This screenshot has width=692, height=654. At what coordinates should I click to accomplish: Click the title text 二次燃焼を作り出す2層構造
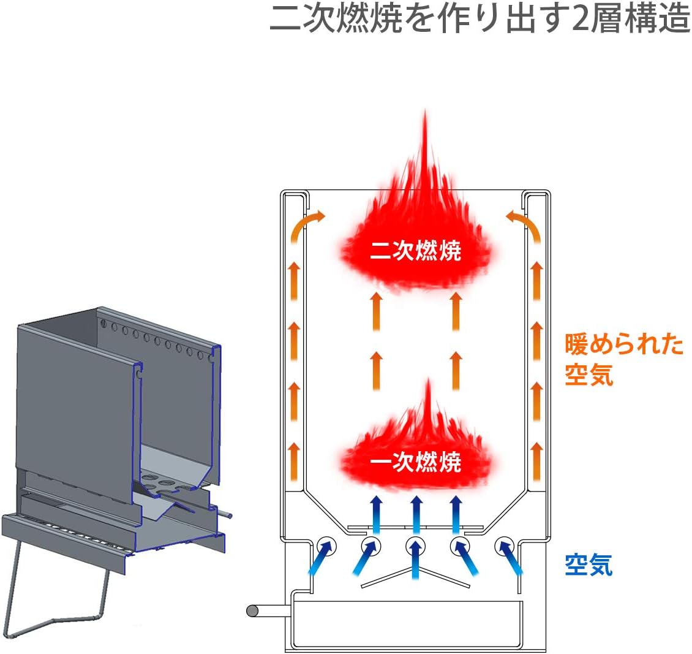[480, 20]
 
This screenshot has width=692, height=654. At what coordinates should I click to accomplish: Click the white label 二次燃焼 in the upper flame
[416, 251]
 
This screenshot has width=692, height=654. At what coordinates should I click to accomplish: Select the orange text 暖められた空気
[623, 359]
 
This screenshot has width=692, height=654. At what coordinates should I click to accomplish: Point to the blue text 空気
[589, 564]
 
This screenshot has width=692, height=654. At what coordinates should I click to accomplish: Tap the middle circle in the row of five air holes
[416, 545]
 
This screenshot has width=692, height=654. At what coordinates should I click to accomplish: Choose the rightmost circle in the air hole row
[505, 545]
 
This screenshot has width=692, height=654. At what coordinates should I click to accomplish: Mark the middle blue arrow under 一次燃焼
[416, 515]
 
